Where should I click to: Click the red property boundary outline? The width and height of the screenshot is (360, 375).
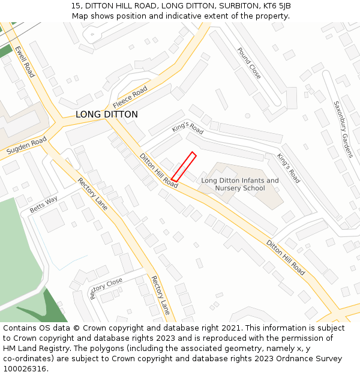[x=184, y=166]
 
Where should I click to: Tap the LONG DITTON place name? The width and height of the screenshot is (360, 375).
[x=107, y=115]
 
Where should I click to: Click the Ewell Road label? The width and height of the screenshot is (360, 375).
[x=25, y=62]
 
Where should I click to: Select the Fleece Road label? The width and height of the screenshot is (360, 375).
[x=130, y=95]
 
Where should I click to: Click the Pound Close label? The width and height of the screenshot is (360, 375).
[x=249, y=64]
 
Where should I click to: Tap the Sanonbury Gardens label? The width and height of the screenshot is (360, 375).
[x=344, y=129]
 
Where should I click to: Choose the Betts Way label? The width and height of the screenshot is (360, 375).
[x=44, y=205]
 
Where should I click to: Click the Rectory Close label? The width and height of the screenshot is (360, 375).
[x=106, y=287]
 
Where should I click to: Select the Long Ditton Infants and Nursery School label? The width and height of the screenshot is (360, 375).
[x=240, y=184]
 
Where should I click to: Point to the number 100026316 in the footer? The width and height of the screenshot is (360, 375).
[x=25, y=369]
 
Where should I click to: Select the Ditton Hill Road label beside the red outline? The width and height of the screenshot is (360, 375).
[x=159, y=171]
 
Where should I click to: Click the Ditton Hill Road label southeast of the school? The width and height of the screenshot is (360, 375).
[x=286, y=258]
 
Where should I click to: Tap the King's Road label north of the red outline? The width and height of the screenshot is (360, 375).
[x=188, y=128]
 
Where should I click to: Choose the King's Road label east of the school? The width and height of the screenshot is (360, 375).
[x=289, y=168]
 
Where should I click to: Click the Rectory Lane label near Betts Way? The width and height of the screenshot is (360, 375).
[x=93, y=194]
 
